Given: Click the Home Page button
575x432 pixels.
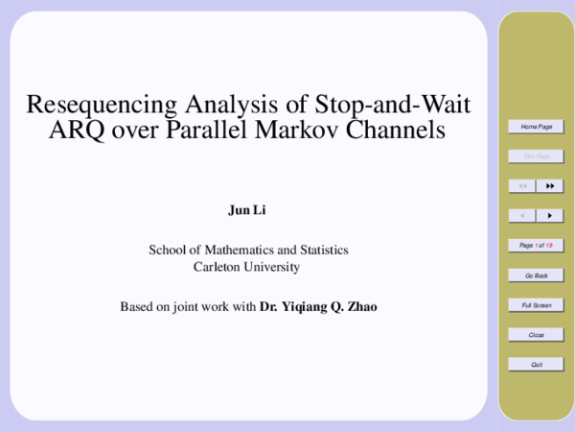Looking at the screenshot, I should pos(536,127).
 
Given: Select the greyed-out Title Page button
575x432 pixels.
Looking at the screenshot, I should pos(536,156).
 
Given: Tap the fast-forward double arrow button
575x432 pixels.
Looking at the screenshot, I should pos(550,185).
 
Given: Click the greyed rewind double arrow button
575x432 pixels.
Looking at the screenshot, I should pos(522,185).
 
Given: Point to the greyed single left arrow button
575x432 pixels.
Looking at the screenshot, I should pos(522,216).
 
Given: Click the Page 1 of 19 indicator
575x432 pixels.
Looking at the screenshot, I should pos(536,246).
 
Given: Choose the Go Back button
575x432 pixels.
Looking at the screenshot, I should pos(536,276).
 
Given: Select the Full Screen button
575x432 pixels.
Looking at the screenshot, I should pos(536,305).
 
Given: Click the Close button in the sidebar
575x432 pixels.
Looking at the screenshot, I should pos(536,335).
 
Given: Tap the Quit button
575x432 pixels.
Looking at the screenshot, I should pos(536,365).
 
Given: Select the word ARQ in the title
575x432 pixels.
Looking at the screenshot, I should pos(76,130).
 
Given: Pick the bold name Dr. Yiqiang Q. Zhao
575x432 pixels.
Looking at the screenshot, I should pos(319,308).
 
